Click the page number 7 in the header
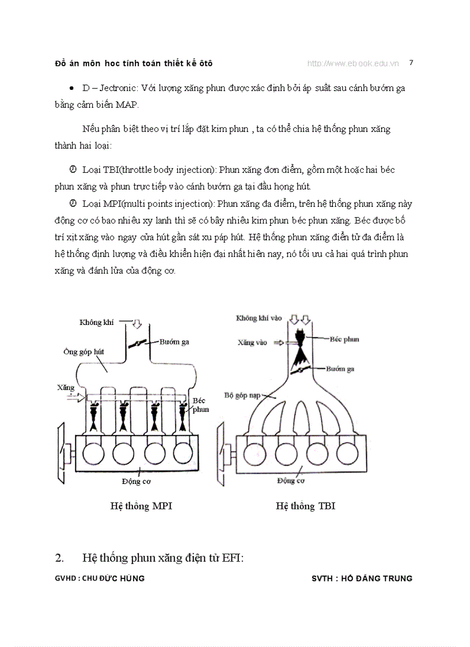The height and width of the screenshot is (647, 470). click(x=411, y=62)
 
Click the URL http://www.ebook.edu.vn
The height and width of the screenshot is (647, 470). click(x=352, y=63)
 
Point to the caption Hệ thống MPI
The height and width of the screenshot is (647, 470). click(x=141, y=506)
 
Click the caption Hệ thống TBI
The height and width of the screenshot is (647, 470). click(x=305, y=506)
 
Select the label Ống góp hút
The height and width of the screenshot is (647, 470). click(x=82, y=351)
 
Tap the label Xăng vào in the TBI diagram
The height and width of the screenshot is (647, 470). click(x=253, y=342)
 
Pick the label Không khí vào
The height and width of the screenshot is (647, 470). click(x=259, y=318)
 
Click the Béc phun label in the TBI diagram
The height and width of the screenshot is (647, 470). click(x=344, y=339)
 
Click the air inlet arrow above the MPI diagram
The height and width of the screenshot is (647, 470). click(x=137, y=324)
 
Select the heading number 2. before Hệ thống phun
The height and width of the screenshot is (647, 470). click(x=59, y=557)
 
